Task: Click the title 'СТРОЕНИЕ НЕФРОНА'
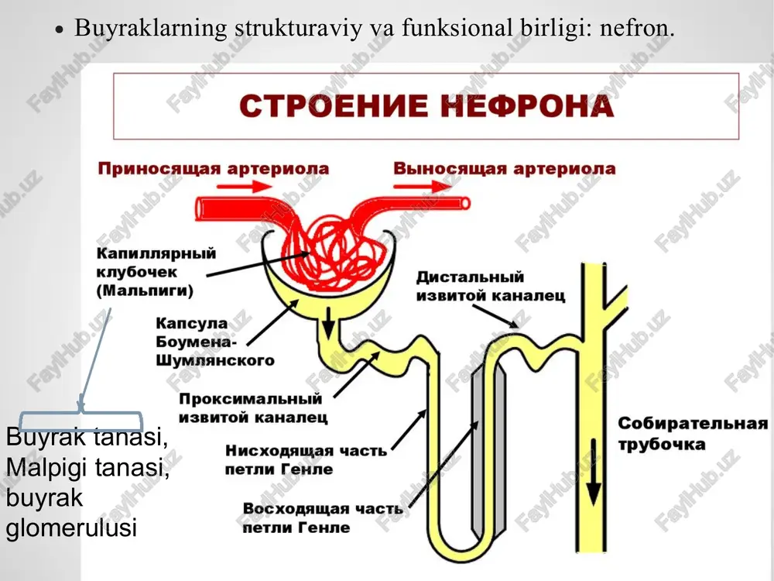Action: pyautogui.click(x=426, y=105)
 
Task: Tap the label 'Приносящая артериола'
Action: pyautogui.click(x=214, y=168)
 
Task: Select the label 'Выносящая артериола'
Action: pyautogui.click(x=505, y=168)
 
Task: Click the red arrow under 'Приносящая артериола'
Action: pyautogui.click(x=245, y=186)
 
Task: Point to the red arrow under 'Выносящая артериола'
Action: pyautogui.click(x=423, y=186)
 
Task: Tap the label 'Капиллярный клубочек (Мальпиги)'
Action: pyautogui.click(x=156, y=271)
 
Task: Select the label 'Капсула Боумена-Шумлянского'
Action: pyautogui.click(x=214, y=342)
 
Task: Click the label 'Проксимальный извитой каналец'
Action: pyautogui.click(x=253, y=407)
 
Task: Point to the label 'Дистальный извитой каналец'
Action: pyautogui.click(x=491, y=286)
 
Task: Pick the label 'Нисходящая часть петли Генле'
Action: pyautogui.click(x=306, y=459)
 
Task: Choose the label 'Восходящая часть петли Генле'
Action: pyautogui.click(x=323, y=517)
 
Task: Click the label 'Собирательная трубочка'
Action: pyautogui.click(x=693, y=434)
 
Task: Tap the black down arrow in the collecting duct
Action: pyautogui.click(x=594, y=472)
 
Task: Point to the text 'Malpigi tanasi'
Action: pyautogui.click(x=87, y=467)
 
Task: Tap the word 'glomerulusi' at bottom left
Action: pyautogui.click(x=71, y=527)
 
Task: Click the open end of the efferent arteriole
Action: pyautogui.click(x=465, y=203)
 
